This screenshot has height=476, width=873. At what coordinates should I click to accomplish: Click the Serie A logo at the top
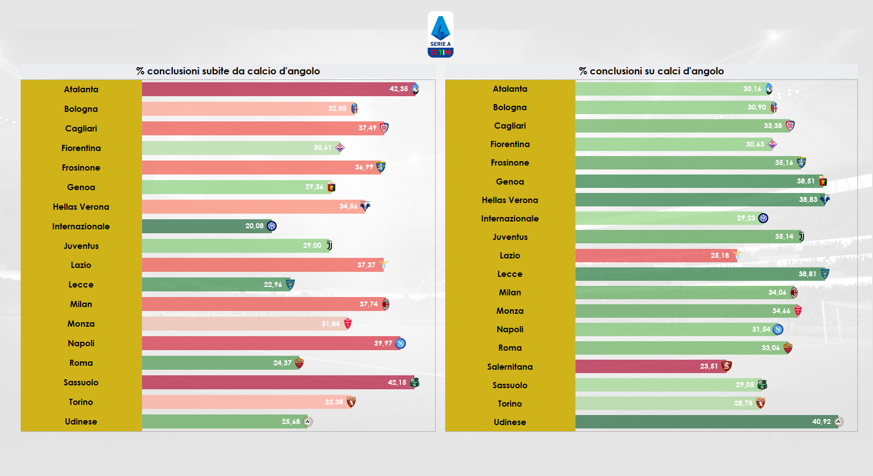[440, 35]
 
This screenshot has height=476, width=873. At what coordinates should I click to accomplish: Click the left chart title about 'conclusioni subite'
[228, 71]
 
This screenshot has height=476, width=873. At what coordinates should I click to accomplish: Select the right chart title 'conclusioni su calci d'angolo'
[651, 71]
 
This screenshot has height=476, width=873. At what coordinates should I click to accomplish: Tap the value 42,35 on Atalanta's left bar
[399, 89]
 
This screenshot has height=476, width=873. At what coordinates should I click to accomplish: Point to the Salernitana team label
[509, 367]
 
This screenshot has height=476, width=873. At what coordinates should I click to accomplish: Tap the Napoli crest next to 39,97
[400, 343]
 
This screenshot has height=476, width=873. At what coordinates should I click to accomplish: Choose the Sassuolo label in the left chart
[81, 383]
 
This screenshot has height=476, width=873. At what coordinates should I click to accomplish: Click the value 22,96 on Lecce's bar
[273, 285]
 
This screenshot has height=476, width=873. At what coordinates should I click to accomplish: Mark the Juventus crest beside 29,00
[329, 246]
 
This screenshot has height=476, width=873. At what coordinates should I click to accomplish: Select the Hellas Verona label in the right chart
[509, 200]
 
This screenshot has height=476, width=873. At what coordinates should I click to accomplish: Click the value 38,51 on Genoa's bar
[805, 181]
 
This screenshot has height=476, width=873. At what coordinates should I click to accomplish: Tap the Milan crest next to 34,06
[794, 293]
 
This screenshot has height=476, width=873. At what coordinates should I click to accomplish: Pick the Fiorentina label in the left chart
[81, 148]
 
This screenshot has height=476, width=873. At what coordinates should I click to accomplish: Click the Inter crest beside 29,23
[763, 218]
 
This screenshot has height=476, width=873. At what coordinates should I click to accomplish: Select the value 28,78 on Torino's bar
[743, 403]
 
